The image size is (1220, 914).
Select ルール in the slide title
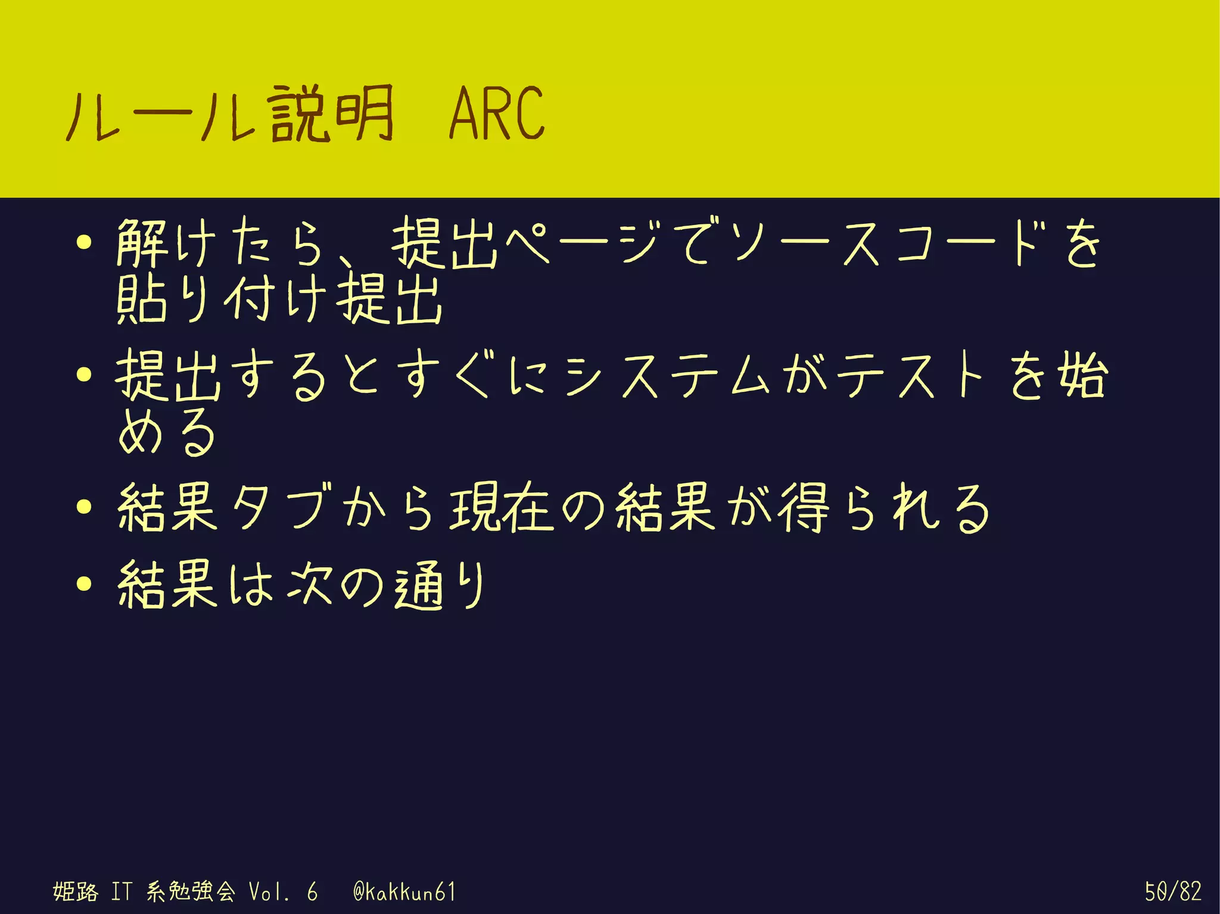(x=161, y=116)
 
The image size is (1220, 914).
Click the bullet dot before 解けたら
(x=84, y=242)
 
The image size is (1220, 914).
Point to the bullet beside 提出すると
(x=84, y=375)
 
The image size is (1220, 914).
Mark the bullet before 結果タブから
(x=84, y=507)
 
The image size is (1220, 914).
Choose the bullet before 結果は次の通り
(x=84, y=584)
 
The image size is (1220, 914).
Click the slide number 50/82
(x=1172, y=891)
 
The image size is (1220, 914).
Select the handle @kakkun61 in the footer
(x=404, y=891)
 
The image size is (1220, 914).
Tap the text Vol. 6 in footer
(x=283, y=891)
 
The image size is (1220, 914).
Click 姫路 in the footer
(x=75, y=891)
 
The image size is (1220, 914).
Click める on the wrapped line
(x=167, y=432)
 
